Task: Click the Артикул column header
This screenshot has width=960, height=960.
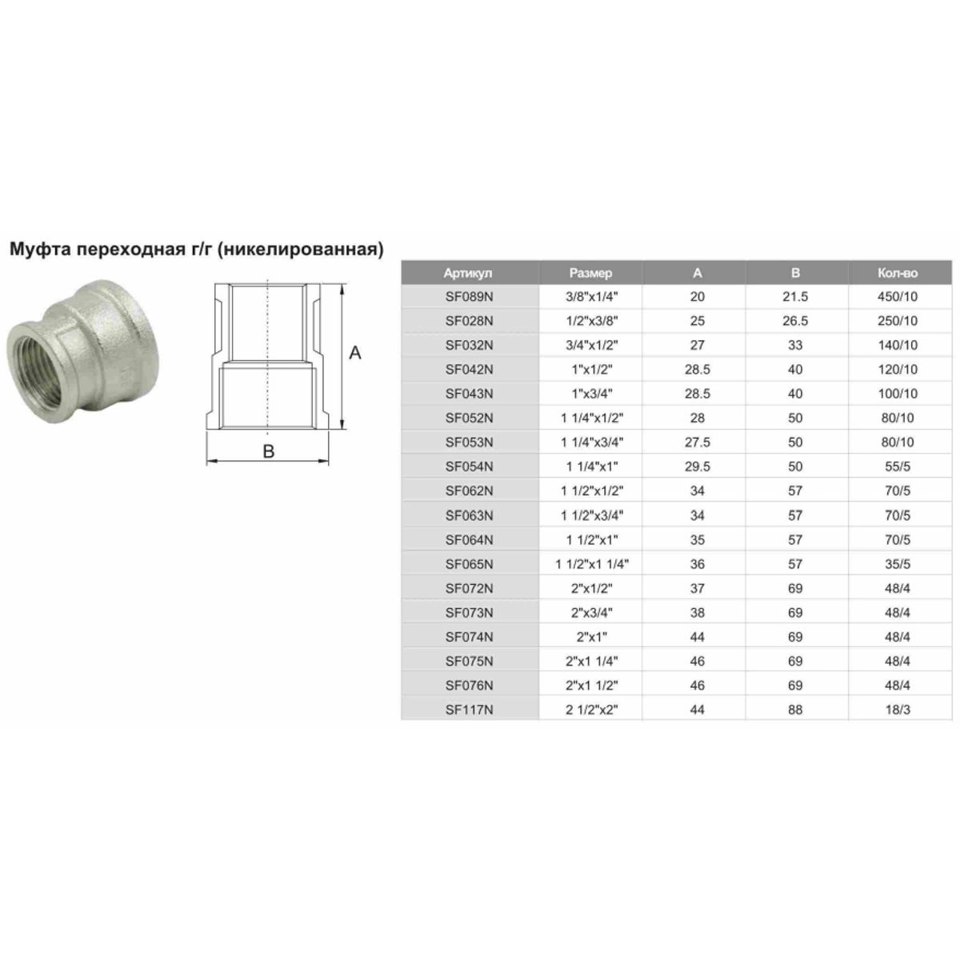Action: click(x=467, y=273)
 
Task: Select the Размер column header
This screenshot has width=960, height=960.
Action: click(x=590, y=273)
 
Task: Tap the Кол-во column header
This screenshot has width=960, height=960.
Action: click(x=898, y=273)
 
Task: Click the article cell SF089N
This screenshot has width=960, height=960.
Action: click(x=469, y=297)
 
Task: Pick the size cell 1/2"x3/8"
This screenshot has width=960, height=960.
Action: click(x=591, y=321)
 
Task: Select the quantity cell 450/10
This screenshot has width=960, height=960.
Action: click(x=898, y=297)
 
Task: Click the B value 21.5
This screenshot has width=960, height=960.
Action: click(x=794, y=297)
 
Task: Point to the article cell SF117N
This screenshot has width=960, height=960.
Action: click(x=469, y=710)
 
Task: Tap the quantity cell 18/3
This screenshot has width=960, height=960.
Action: click(x=898, y=710)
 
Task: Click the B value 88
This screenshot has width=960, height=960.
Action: click(x=795, y=710)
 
